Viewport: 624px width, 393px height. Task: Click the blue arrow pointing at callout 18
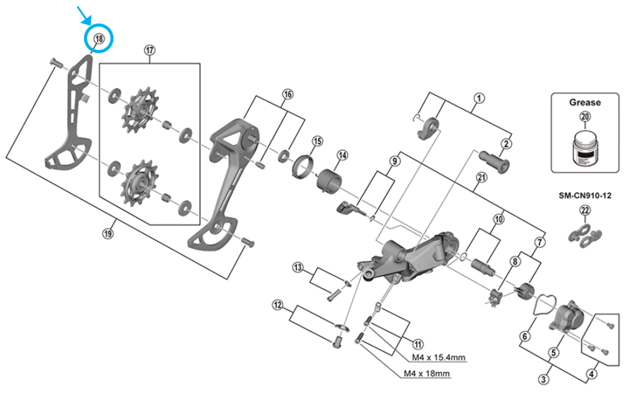pyautogui.click(x=85, y=14)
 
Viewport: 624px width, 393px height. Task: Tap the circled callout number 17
pyautogui.click(x=149, y=50)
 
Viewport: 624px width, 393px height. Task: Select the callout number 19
pyautogui.click(x=108, y=233)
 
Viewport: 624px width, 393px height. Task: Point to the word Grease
pyautogui.click(x=584, y=103)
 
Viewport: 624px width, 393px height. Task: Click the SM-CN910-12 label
pyautogui.click(x=584, y=196)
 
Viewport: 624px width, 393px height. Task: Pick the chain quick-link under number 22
pyautogui.click(x=584, y=235)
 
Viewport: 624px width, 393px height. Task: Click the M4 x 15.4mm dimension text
pyautogui.click(x=438, y=357)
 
